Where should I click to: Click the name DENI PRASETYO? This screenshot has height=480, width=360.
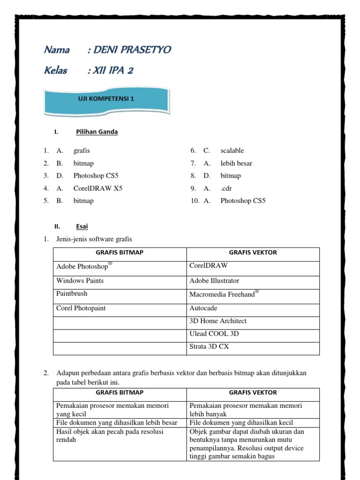(132, 50)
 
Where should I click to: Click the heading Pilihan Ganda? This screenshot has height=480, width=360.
(97, 132)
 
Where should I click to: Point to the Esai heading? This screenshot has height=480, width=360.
(82, 226)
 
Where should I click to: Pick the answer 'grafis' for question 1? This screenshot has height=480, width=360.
(82, 150)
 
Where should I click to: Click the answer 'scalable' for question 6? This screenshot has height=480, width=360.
(232, 150)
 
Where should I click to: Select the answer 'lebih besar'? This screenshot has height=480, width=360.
(236, 163)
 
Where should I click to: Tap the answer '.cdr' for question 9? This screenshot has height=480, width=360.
(226, 188)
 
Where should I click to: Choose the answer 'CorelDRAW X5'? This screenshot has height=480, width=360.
(98, 188)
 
